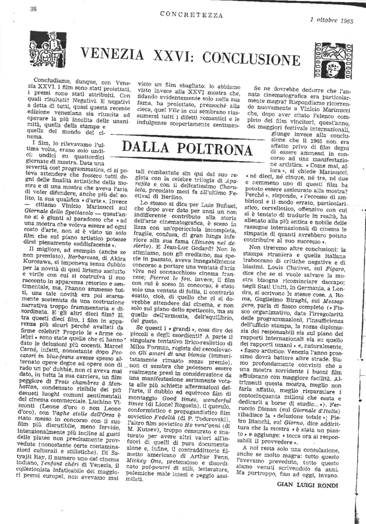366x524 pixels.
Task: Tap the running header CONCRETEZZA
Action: [192, 15]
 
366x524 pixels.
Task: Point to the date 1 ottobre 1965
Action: [331, 21]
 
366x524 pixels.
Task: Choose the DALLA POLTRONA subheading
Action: [188, 147]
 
